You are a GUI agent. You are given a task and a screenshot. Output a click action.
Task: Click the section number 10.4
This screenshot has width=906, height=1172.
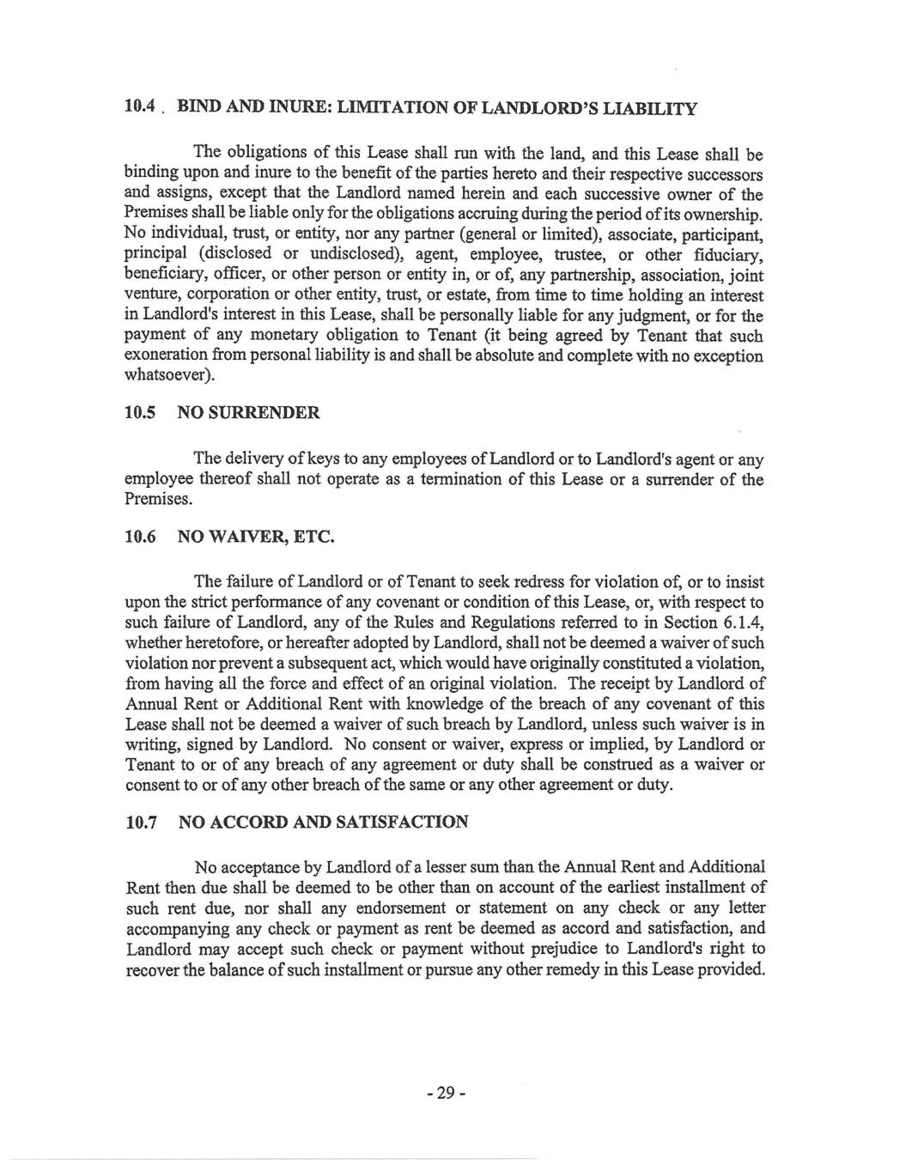pyautogui.click(x=139, y=109)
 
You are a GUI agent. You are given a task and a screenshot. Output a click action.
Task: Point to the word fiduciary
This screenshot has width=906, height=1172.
pyautogui.click(x=727, y=255)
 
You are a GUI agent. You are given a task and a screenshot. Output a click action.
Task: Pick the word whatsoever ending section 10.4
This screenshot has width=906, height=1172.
pyautogui.click(x=169, y=376)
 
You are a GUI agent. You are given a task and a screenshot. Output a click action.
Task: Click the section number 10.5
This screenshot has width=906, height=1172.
pyautogui.click(x=140, y=413)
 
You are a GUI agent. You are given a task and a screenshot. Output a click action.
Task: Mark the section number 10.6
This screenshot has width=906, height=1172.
pyautogui.click(x=140, y=537)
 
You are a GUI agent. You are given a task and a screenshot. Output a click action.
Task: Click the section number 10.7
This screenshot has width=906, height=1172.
pyautogui.click(x=140, y=822)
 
